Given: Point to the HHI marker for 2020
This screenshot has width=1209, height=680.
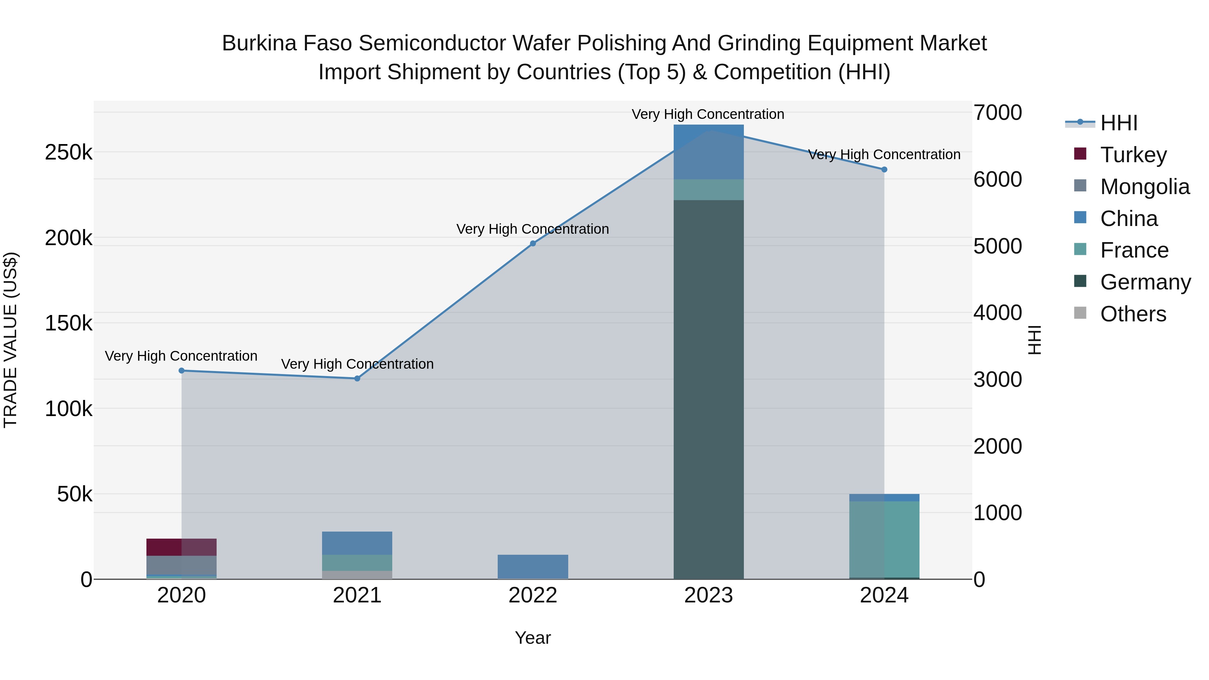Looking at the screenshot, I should (182, 371).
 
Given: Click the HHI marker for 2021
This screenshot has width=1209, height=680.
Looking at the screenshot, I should (357, 379).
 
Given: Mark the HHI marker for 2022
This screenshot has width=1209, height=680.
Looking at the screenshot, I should (533, 243).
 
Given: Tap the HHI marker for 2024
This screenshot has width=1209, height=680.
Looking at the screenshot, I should (884, 170).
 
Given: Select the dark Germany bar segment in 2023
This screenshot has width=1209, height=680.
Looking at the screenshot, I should (708, 390).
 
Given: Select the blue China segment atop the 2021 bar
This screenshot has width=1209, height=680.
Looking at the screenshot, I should (357, 543).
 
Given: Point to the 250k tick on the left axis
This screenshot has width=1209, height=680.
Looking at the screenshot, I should (69, 152).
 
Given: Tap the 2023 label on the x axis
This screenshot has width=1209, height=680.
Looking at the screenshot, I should (708, 595).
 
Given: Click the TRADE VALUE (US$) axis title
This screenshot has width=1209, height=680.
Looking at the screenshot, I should (10, 340).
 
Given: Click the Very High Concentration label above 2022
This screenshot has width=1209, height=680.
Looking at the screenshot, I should (533, 229).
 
